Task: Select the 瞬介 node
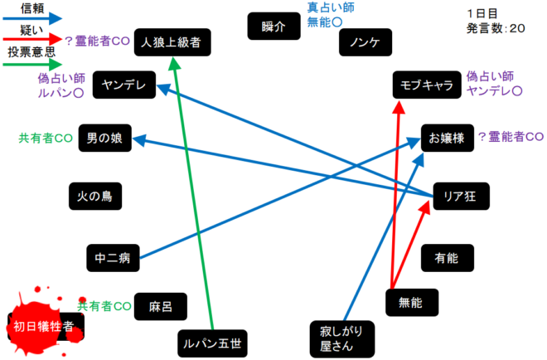click(x=273, y=27)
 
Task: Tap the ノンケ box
click(x=365, y=42)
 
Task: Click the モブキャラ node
click(x=425, y=85)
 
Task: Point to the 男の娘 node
click(x=104, y=139)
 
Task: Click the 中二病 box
click(x=114, y=258)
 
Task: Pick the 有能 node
click(x=446, y=258)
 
